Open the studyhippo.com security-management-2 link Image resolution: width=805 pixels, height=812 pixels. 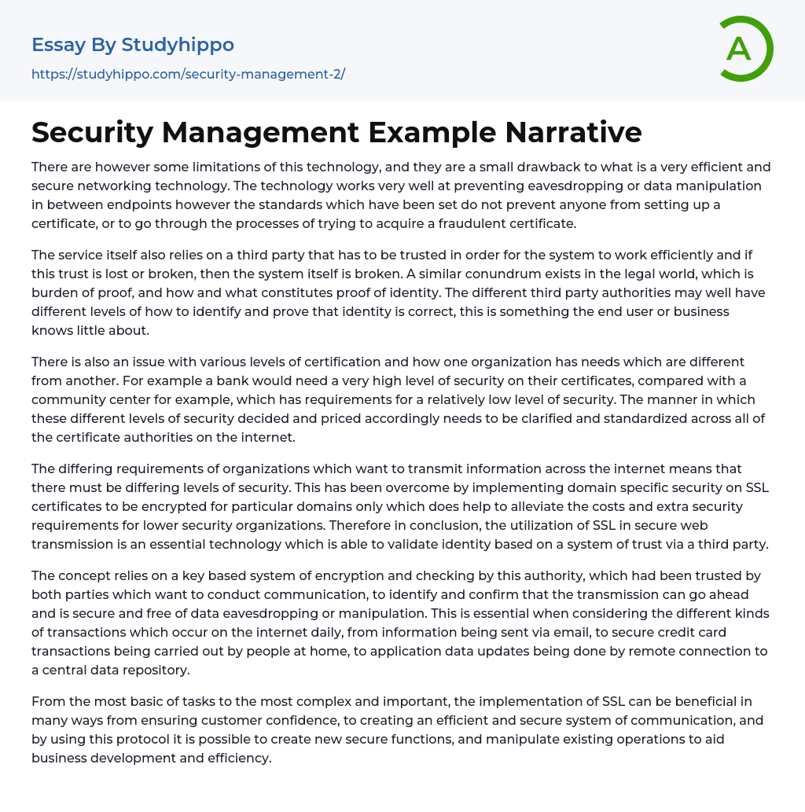coord(188,75)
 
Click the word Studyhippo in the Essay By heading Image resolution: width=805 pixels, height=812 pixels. coord(178,45)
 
